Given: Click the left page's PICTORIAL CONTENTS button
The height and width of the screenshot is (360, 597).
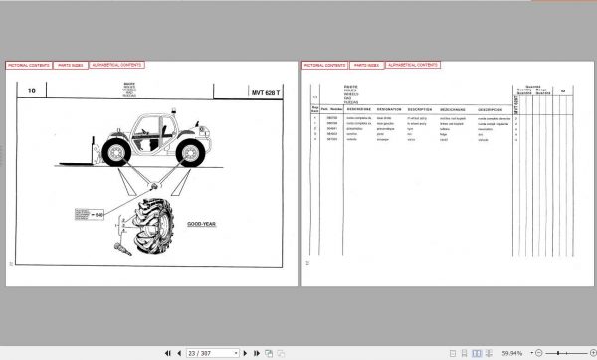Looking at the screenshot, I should click(28, 64).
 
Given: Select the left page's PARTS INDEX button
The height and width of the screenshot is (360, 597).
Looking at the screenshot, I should click(69, 64).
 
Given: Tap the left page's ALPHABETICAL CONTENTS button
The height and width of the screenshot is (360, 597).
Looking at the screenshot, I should click(116, 64).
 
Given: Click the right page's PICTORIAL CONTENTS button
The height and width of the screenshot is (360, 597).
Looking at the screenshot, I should click(324, 64).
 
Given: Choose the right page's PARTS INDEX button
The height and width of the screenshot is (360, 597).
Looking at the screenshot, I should click(365, 64).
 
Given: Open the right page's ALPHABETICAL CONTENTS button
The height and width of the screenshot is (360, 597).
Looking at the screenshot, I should click(413, 64).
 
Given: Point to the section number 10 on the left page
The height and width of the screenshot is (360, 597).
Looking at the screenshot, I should click(32, 91).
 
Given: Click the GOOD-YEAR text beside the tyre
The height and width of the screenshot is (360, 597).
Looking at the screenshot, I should click(202, 224).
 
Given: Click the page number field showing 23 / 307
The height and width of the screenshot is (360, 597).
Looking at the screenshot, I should click(213, 352).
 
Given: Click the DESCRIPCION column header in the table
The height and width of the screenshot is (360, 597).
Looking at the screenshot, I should click(490, 109).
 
